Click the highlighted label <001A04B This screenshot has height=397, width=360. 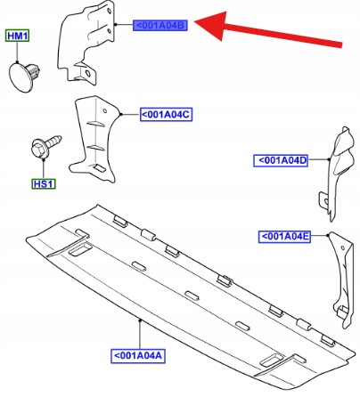[x=160, y=26]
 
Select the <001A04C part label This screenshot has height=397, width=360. [x=166, y=114]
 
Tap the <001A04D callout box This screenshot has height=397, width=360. [x=281, y=160]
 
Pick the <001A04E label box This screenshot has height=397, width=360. [x=284, y=237]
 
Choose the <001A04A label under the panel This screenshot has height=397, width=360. [x=138, y=356]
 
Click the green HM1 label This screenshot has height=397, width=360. [x=17, y=36]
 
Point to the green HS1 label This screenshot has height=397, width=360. [x=44, y=183]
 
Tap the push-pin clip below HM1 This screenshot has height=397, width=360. [x=24, y=77]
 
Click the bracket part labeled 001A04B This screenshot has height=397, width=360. [x=86, y=43]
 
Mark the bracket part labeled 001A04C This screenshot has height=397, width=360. [x=93, y=139]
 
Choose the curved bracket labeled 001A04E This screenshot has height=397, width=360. [x=341, y=279]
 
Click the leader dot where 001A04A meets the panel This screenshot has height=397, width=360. [x=140, y=320]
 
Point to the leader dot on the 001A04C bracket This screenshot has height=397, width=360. [x=120, y=114]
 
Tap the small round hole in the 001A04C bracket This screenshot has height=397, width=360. [x=105, y=111]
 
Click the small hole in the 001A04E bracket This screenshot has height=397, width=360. [x=343, y=247]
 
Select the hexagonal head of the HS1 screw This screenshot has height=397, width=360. [x=38, y=148]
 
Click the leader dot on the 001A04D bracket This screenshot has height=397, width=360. [x=329, y=159]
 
